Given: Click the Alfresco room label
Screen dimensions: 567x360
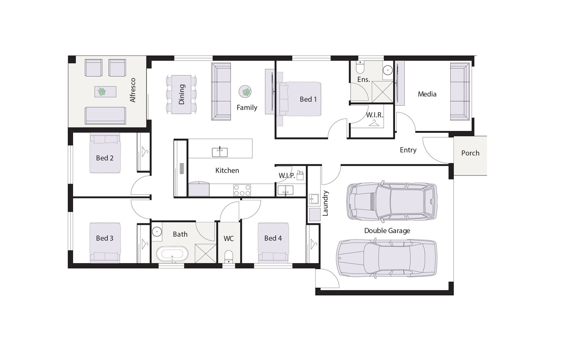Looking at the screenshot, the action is coord(132,90).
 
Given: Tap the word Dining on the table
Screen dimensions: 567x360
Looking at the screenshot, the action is coord(181,94).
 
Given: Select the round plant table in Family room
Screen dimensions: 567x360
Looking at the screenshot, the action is coord(245,91).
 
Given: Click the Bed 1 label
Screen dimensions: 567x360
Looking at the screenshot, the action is coord(308,99).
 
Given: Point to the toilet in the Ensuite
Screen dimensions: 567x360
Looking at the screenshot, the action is coord(360,66).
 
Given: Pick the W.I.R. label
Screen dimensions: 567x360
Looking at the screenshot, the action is coord(374,115).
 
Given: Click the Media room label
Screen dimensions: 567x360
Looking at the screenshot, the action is coord(427,94).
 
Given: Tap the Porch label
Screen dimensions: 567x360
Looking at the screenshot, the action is coord(470,153).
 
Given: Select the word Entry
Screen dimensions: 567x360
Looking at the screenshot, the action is coord(408,150).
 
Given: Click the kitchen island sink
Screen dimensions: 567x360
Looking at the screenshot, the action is coord(220,152).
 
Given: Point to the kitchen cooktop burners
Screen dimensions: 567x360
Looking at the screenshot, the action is coord(242,190).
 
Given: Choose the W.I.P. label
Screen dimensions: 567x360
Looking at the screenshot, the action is coord(287,176).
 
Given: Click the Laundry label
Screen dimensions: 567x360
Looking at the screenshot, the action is coord(325,203).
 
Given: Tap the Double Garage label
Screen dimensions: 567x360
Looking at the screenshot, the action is coord(387,231).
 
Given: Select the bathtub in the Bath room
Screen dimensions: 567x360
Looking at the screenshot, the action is coord(172,254).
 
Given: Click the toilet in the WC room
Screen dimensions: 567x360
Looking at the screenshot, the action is coord(229,257).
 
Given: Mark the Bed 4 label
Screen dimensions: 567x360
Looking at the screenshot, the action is coord(273,238).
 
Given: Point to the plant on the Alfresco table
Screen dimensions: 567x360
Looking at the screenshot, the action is coord(102,92).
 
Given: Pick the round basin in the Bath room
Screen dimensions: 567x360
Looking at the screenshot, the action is coord(157,231).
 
